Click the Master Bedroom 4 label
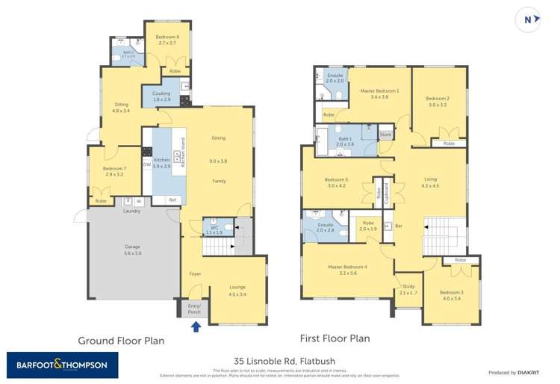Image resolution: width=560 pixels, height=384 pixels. click(349, 270)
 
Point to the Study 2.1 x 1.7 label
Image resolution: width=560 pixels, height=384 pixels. click(408, 289)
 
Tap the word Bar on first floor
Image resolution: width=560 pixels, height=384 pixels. click(399, 226)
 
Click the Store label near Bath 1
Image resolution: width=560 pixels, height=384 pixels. click(385, 135)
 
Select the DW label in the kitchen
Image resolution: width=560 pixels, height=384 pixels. click(147, 164)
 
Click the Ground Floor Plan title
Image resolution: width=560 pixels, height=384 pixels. click(121, 340)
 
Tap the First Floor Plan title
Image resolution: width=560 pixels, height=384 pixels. click(335, 338)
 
